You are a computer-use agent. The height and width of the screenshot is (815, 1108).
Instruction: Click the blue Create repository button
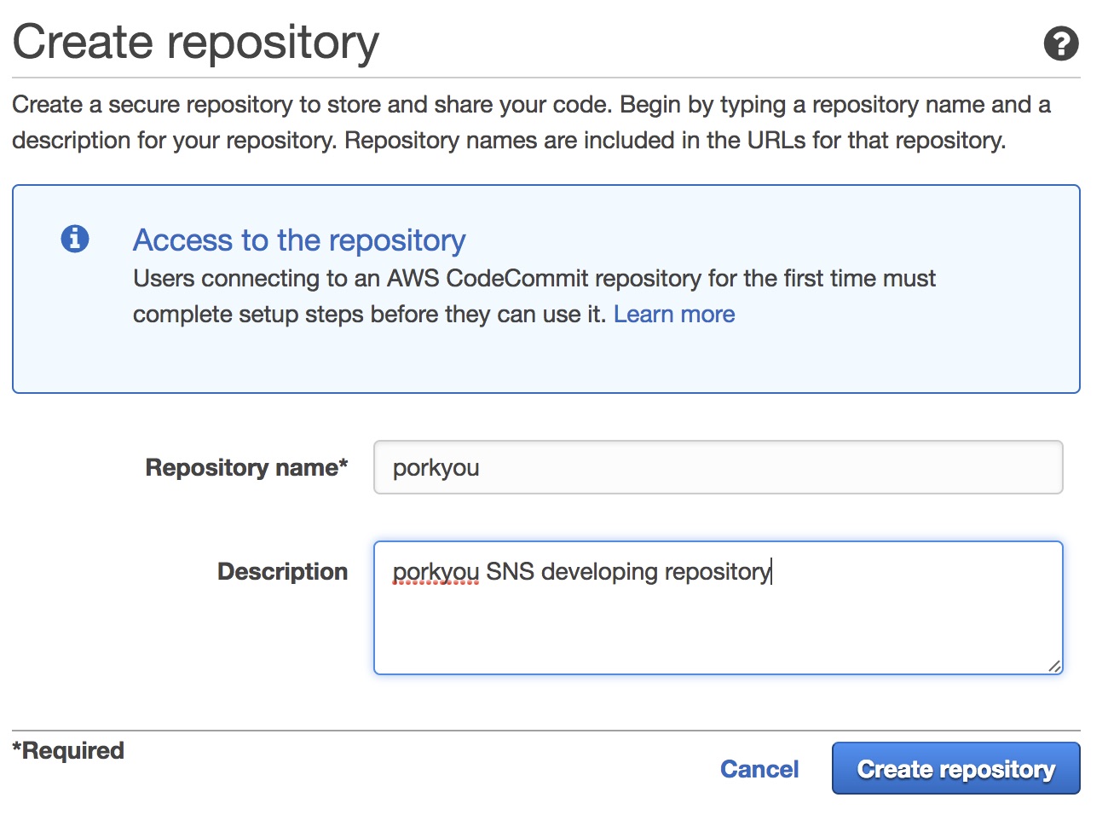tap(955, 768)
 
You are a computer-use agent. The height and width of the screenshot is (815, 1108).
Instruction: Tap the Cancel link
tap(759, 769)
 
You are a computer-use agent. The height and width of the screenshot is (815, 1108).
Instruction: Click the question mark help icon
tap(1061, 43)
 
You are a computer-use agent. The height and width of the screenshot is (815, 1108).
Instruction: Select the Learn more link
tap(674, 315)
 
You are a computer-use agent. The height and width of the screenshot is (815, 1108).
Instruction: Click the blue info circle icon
tap(75, 239)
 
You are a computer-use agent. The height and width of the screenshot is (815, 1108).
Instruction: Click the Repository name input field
tap(718, 467)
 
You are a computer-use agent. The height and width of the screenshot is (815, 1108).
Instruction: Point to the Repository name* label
tap(246, 467)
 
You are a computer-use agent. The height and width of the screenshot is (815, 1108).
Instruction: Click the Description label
tap(282, 571)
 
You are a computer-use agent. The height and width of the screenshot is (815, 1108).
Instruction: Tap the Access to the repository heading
tap(299, 240)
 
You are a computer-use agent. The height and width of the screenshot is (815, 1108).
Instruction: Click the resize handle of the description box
tap(1054, 666)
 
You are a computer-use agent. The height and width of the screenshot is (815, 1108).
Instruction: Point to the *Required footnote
tap(68, 750)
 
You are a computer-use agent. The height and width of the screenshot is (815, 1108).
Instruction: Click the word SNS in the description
tap(510, 571)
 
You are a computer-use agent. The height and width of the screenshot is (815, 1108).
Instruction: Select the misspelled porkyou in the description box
tap(436, 574)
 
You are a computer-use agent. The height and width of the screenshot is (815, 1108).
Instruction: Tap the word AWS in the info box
tap(413, 278)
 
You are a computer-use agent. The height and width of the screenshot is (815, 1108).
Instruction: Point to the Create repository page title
tap(195, 43)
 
